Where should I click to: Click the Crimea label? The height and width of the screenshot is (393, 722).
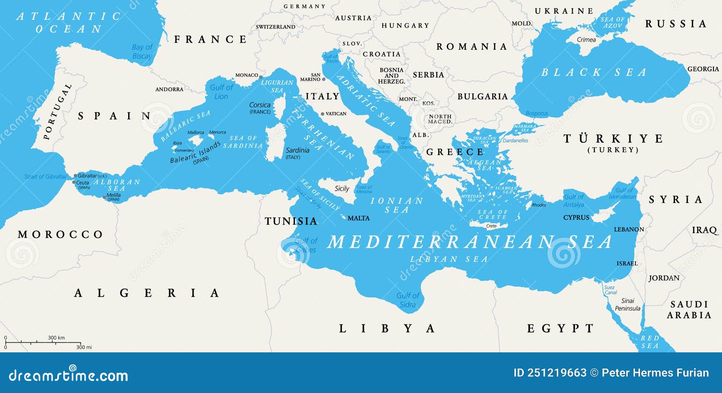point(586,40)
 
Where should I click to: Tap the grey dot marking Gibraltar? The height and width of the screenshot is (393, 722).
point(75,176)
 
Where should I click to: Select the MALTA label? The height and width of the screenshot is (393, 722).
point(358,218)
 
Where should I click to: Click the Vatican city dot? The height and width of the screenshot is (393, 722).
point(322,114)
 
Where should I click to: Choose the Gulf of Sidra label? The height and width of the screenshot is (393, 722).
point(407,300)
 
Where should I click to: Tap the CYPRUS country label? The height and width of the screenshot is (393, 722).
point(576,218)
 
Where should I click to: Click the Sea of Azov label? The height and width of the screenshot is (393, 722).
point(612,23)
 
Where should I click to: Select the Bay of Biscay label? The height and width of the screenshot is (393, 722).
point(142,51)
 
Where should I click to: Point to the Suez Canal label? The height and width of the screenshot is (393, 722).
point(610,290)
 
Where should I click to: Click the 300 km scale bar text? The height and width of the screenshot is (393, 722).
point(56,337)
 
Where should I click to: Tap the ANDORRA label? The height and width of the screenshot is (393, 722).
point(169,89)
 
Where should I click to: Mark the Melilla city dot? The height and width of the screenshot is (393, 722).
point(104,197)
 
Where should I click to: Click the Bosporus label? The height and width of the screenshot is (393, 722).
point(537,114)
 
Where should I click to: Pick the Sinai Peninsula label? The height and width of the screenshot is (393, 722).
point(627,304)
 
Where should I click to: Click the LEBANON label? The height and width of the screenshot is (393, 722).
point(629,229)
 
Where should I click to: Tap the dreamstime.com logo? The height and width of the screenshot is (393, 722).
point(68,375)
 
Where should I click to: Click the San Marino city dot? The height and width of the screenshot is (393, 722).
point(324,79)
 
